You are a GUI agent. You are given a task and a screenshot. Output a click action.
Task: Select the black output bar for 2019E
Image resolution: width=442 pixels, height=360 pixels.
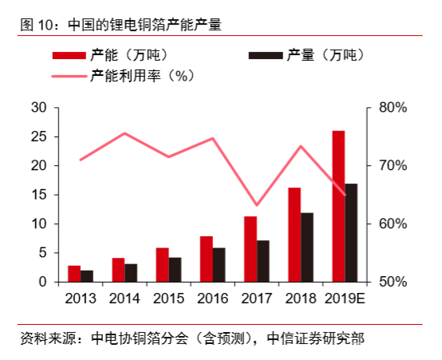351,232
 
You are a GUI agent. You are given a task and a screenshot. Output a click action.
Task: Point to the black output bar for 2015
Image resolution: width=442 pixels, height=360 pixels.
175,270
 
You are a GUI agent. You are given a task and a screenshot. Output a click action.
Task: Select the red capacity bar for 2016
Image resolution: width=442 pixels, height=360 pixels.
206,259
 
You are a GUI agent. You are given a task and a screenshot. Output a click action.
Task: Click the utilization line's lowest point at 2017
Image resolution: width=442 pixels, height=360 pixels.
256,206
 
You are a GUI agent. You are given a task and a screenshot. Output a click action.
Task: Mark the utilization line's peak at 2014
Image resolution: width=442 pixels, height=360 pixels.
124,133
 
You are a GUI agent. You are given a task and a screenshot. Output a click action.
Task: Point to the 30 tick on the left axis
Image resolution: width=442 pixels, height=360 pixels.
39,108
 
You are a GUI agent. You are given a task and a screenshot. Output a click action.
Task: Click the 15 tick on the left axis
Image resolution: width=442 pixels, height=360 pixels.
39,195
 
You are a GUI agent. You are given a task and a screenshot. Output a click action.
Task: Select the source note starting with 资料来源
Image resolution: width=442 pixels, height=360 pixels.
191,338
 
